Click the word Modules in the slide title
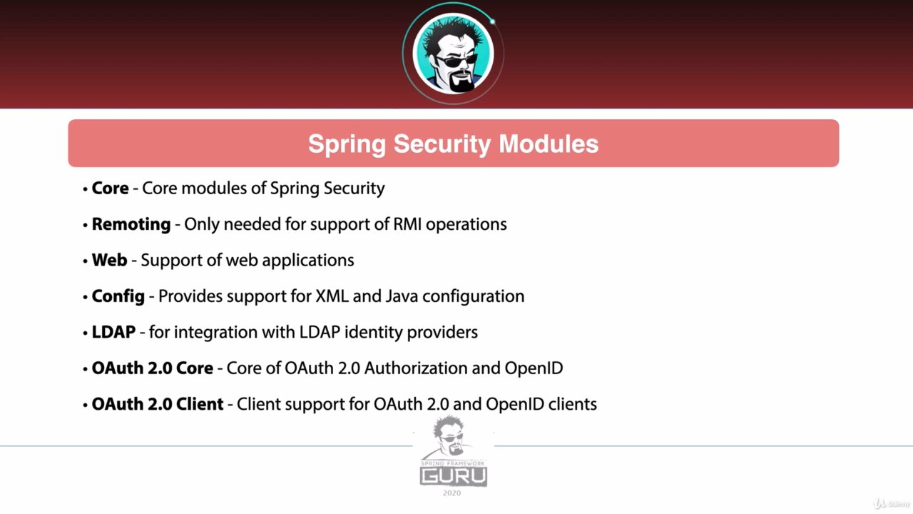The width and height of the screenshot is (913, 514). (x=549, y=143)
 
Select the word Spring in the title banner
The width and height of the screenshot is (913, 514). (x=347, y=145)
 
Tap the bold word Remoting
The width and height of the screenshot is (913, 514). (x=131, y=225)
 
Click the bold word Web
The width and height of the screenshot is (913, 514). (x=110, y=261)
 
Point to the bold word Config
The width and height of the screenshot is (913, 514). (x=118, y=297)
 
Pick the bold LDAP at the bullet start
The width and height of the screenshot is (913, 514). (x=113, y=332)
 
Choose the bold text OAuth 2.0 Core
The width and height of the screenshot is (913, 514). (x=153, y=368)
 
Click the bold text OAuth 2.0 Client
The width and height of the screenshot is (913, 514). (x=158, y=404)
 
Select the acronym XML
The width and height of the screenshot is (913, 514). (x=332, y=296)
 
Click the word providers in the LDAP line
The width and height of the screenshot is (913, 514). (x=442, y=333)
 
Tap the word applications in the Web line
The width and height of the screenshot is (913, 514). (x=308, y=261)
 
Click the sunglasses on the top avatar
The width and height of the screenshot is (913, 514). (x=456, y=61)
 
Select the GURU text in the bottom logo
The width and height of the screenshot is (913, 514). (x=454, y=476)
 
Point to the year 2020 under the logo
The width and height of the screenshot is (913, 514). (x=452, y=493)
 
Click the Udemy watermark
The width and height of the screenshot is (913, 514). (x=892, y=503)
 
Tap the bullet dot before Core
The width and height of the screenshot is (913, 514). (x=85, y=189)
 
